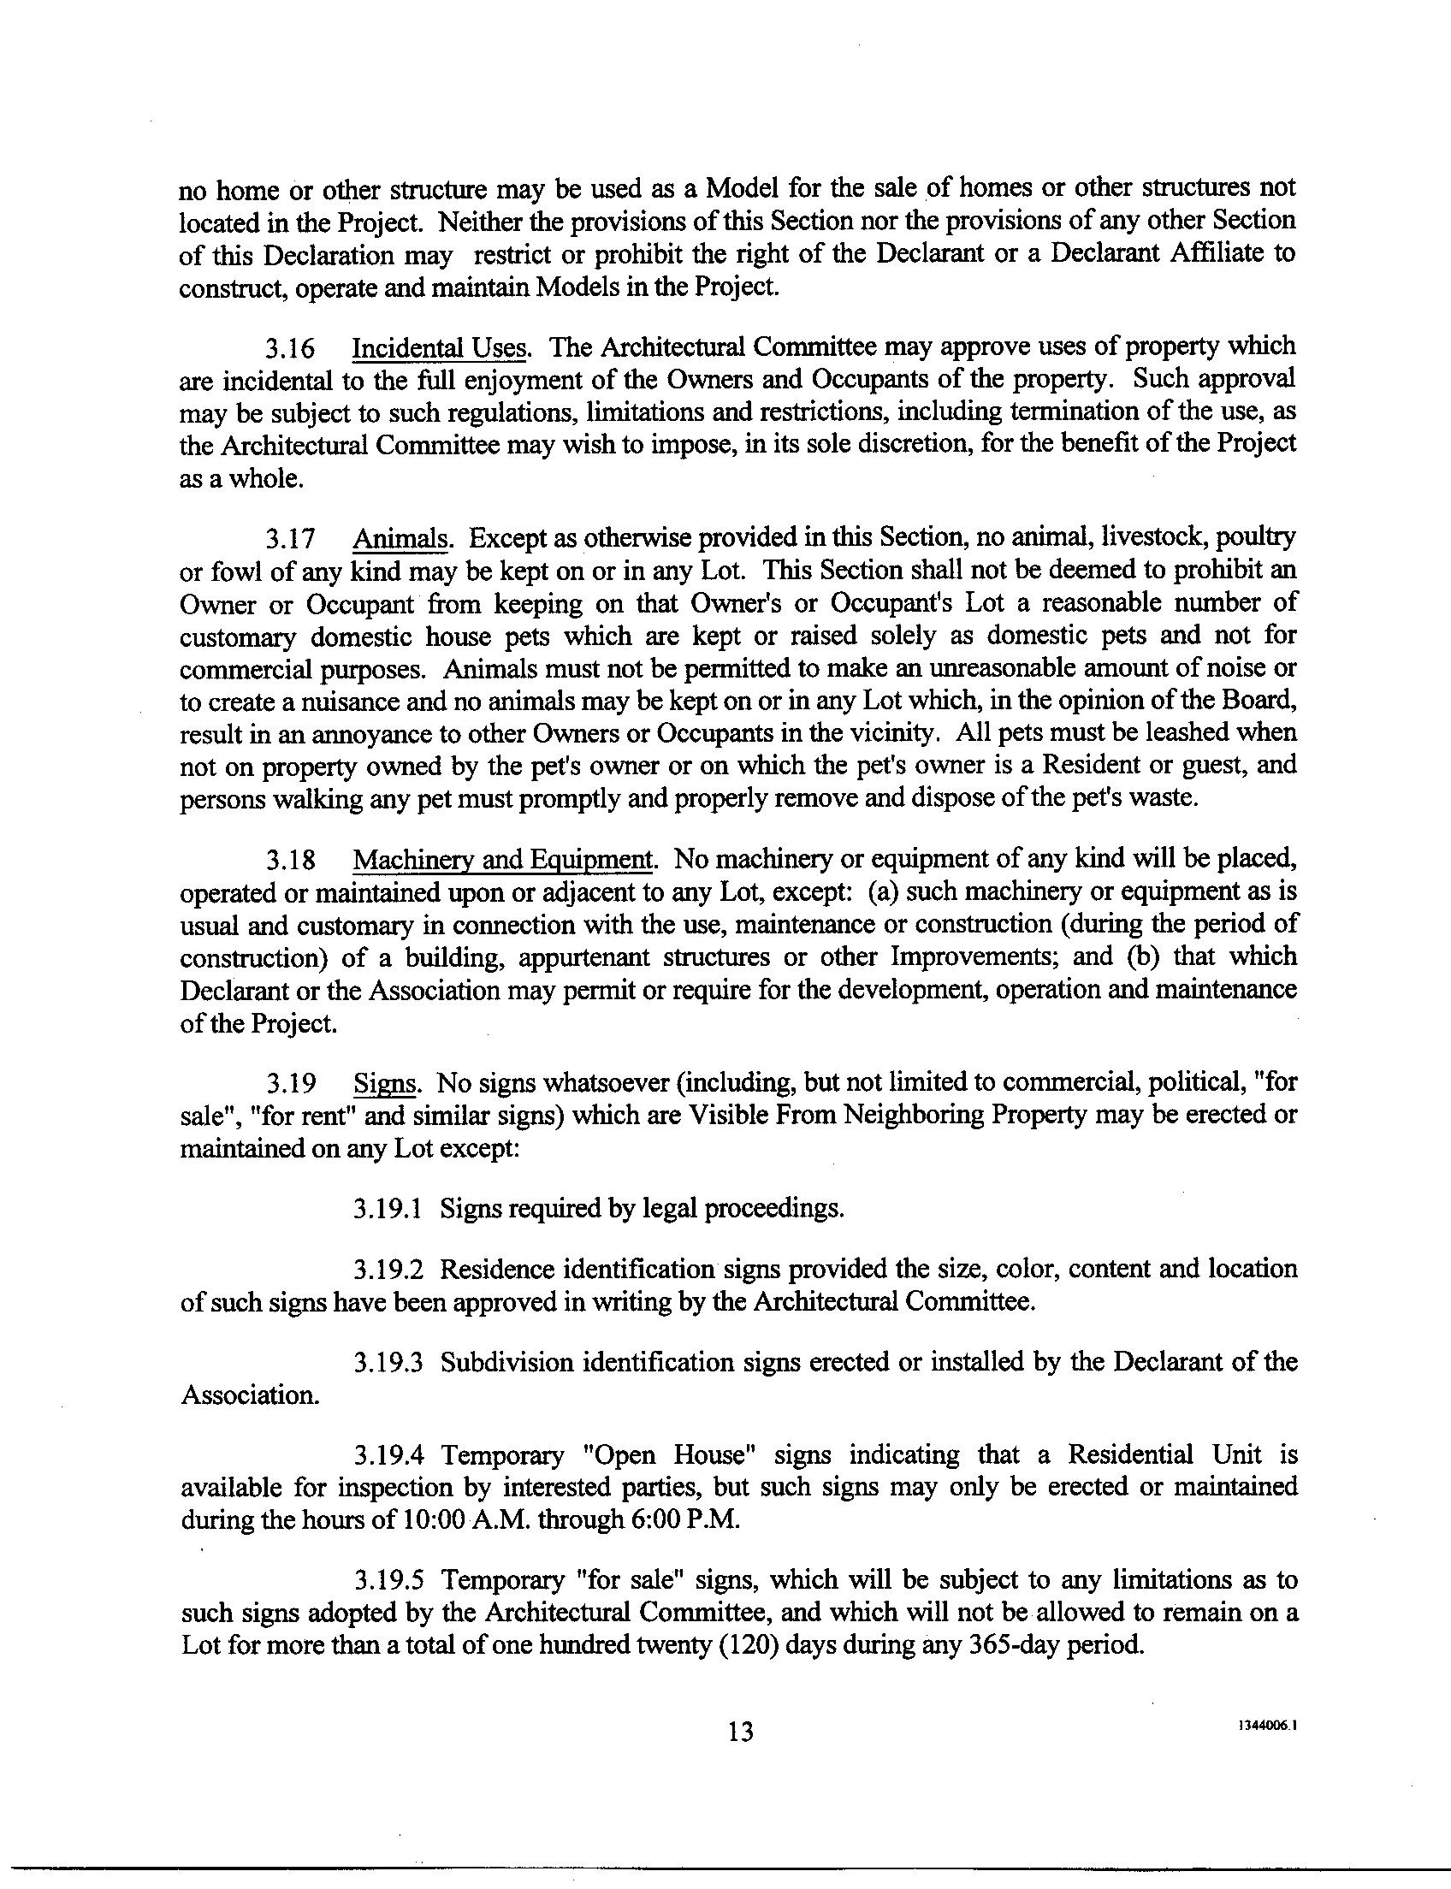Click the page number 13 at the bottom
point(741,1731)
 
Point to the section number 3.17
point(290,541)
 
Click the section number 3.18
point(290,861)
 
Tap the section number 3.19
point(290,1083)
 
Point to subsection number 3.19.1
point(387,1208)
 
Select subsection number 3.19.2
point(387,1270)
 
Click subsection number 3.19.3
point(387,1363)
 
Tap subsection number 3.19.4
point(388,1456)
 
